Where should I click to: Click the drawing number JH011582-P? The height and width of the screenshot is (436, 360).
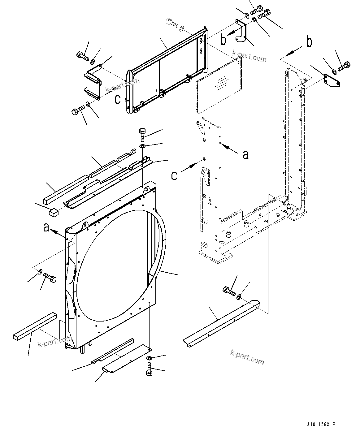[x=320, y=424]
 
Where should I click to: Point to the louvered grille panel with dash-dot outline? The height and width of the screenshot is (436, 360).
[x=219, y=85]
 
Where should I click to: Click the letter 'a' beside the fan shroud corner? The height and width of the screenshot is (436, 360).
[x=46, y=228]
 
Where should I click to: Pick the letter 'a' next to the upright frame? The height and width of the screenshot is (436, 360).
[x=245, y=154]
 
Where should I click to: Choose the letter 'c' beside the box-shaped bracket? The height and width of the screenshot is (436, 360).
[x=118, y=99]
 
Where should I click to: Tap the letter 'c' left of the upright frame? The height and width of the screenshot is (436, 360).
[x=174, y=175]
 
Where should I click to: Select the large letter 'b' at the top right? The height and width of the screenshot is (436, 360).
[x=309, y=42]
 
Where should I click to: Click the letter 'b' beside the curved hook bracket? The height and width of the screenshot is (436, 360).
[x=223, y=40]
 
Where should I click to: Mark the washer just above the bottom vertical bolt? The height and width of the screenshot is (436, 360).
[x=149, y=358]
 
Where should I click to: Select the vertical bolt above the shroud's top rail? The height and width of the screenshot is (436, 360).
[x=142, y=134]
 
